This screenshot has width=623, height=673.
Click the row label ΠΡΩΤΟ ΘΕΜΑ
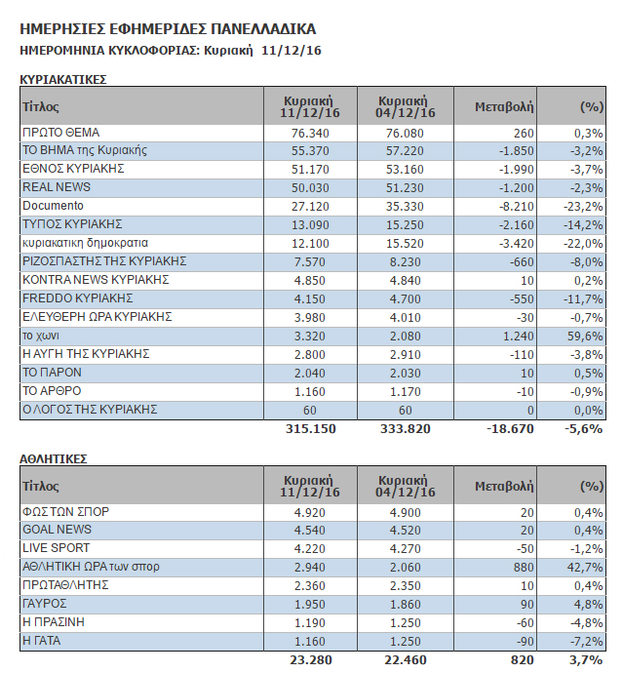[x=60, y=133]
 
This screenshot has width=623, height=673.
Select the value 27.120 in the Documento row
[x=310, y=207]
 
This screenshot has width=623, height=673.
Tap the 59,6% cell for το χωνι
[x=585, y=336]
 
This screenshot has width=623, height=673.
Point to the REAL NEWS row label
[x=57, y=187]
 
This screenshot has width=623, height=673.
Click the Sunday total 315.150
[x=311, y=429]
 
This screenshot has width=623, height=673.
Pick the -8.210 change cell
[x=516, y=207]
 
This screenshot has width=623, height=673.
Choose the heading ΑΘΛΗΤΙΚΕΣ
[x=54, y=459]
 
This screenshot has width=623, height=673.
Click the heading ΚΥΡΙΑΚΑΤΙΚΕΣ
[x=63, y=80]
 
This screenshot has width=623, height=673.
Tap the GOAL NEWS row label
[x=58, y=530]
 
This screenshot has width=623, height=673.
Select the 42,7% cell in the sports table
[x=585, y=567]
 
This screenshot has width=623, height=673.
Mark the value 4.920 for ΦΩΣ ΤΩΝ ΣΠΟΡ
[x=310, y=512]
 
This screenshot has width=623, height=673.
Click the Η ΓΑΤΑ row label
[x=42, y=641]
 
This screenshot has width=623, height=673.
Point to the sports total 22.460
[x=405, y=660]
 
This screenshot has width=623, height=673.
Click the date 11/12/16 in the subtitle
[x=292, y=51]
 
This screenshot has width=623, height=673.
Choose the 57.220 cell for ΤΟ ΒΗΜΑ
[x=405, y=151]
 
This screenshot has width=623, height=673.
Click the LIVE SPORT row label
[x=57, y=548]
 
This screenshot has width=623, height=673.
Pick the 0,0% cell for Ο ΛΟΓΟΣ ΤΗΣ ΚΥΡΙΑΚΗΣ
[x=588, y=411]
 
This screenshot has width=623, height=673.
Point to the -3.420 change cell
[x=516, y=244]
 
